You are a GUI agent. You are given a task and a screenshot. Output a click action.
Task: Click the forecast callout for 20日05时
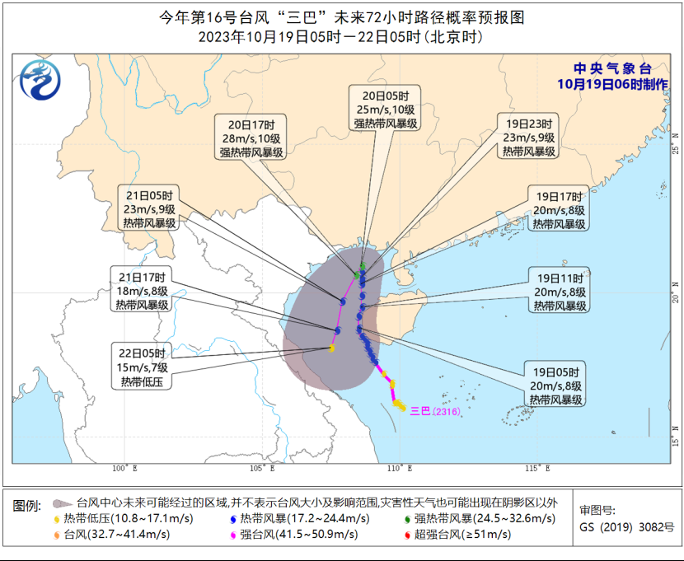coord(386,108)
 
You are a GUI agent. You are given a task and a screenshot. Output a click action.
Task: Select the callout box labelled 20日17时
coord(251,138)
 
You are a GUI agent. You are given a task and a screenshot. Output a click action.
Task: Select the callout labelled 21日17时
coord(141,290)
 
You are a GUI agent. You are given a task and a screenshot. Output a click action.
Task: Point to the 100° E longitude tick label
coord(124,469)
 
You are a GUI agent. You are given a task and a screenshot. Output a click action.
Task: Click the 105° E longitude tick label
coord(262,469)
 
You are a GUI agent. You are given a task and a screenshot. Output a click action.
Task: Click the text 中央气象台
coord(612,69)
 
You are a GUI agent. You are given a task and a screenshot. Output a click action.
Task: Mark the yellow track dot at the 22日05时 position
coord(331,348)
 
